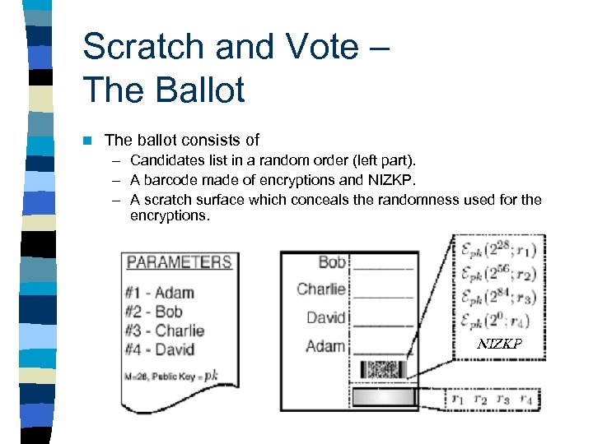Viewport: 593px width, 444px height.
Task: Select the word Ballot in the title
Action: tap(198, 89)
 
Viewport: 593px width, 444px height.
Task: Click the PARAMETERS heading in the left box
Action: tap(179, 262)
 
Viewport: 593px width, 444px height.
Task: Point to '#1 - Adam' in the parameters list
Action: tap(160, 293)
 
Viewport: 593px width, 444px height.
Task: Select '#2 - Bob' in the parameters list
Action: tap(154, 312)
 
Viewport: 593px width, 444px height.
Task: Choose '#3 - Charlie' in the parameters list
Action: tap(165, 331)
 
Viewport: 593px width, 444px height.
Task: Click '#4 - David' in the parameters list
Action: tap(161, 349)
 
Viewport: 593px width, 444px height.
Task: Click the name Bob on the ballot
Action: tap(331, 262)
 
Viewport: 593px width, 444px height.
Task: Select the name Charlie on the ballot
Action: tap(320, 289)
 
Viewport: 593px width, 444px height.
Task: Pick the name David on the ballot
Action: tap(325, 317)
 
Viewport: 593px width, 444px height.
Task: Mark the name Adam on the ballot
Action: tap(325, 345)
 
